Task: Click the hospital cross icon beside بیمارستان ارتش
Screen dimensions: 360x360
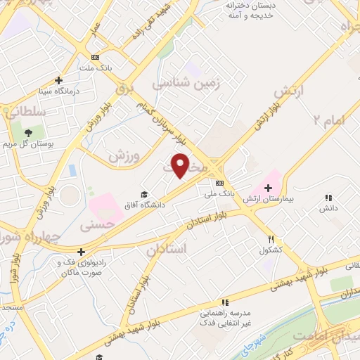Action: tap(267, 188)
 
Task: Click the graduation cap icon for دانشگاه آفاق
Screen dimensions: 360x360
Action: tap(144, 195)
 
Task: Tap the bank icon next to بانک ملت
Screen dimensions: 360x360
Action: tap(95, 58)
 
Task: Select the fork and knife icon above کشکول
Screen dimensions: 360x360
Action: tap(271, 239)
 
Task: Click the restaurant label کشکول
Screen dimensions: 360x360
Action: tap(271, 250)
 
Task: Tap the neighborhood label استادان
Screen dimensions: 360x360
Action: tap(167, 249)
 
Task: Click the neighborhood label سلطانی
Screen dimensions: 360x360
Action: tap(25, 111)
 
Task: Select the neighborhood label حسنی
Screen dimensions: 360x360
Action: tap(96, 226)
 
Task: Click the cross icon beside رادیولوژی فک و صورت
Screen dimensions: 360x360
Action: tap(82, 251)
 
